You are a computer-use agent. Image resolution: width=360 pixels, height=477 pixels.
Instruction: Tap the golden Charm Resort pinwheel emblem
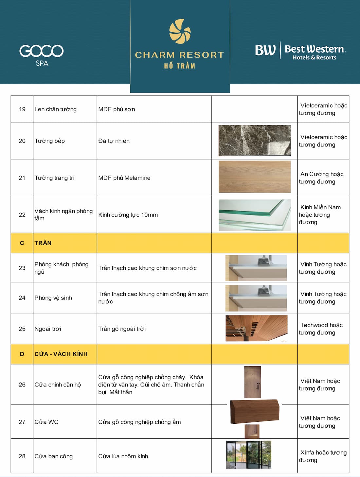click(x=180, y=31)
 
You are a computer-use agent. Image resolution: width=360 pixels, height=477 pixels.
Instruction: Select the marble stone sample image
click(x=254, y=141)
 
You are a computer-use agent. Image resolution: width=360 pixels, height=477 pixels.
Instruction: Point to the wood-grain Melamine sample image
click(x=254, y=177)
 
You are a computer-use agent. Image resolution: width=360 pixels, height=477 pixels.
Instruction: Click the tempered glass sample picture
click(x=254, y=215)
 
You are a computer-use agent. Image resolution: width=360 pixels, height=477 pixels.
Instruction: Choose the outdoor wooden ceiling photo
click(x=256, y=328)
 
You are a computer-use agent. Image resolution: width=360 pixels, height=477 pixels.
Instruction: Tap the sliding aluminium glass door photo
click(x=249, y=455)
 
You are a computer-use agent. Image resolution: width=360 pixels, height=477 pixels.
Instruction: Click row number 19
click(x=22, y=109)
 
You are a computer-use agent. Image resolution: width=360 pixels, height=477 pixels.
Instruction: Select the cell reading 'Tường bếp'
click(x=50, y=141)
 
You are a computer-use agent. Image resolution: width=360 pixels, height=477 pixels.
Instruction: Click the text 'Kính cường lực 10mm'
click(x=128, y=215)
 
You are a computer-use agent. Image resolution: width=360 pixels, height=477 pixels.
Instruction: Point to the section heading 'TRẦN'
click(x=43, y=243)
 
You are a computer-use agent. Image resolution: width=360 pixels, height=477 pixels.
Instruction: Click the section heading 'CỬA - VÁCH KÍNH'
click(x=61, y=354)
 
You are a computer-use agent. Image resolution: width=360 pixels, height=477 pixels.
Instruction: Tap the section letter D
click(x=22, y=354)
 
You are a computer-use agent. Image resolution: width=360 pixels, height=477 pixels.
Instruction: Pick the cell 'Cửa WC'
click(x=46, y=422)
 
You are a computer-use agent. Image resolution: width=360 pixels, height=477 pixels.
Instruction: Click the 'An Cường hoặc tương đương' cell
click(x=321, y=178)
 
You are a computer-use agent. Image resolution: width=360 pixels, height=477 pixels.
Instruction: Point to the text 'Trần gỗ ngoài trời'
click(x=122, y=329)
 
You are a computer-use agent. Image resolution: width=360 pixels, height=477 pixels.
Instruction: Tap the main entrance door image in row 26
click(x=253, y=382)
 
